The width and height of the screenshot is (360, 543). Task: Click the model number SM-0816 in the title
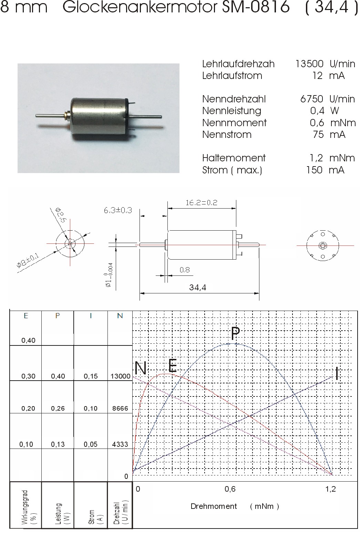coord(256,7)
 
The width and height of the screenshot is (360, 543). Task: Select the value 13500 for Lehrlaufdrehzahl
coord(309,64)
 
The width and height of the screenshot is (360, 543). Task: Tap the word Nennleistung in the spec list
coord(232,111)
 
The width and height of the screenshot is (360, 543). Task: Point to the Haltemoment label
coord(234,158)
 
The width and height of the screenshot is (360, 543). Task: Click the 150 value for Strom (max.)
coord(314,170)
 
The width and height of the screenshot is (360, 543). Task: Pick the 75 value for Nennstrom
coord(318,134)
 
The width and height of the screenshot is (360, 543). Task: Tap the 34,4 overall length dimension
coord(198,288)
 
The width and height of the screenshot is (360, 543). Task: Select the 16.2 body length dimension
coord(201,203)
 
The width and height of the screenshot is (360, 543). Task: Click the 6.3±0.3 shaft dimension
coord(118,210)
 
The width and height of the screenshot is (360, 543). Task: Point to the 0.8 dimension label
coord(185,270)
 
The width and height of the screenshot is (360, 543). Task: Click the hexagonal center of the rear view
coord(322,245)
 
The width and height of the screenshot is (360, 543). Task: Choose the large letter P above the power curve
coord(235,333)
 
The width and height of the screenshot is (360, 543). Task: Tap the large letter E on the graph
coord(173,365)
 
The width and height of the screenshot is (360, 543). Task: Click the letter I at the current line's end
coord(337,373)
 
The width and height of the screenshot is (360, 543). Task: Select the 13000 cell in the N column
coord(121,376)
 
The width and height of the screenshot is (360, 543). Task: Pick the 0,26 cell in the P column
coord(58,409)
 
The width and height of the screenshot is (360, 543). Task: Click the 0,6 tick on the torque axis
coord(230,489)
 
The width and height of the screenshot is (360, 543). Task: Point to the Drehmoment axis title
coord(214,506)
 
